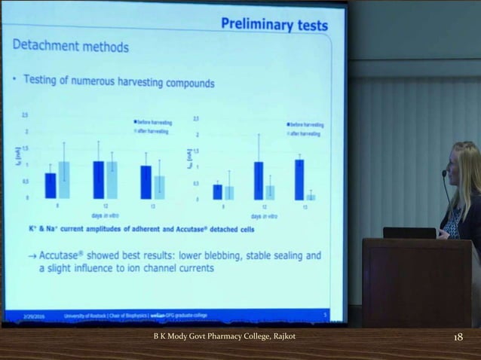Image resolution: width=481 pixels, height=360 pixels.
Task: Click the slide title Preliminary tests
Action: point(274,25)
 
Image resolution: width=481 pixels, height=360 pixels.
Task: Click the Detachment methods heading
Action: point(71,47)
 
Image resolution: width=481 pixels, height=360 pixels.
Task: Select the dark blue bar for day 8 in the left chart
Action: point(51,185)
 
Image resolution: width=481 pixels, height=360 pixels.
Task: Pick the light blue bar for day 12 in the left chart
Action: point(112,179)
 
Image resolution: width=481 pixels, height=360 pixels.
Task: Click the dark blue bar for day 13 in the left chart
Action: point(146,182)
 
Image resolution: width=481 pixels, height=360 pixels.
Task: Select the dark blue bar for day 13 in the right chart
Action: point(299,179)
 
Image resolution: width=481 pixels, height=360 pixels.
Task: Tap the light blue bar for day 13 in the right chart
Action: point(311,196)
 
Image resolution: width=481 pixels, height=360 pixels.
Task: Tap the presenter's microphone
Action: point(445,174)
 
